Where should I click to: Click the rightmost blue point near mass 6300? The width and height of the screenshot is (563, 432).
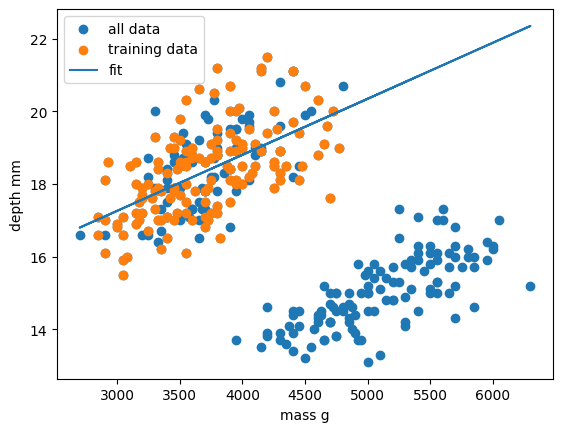click(530, 286)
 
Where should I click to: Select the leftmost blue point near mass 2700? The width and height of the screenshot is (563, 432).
click(80, 235)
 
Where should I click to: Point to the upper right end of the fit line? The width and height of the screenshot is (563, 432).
click(530, 26)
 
